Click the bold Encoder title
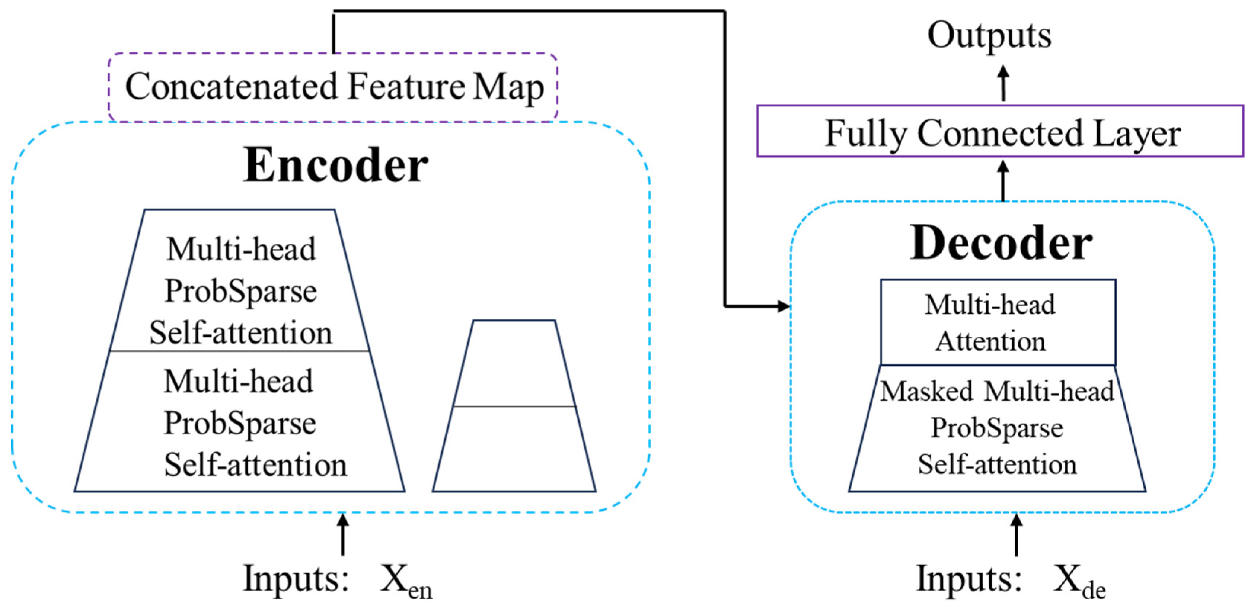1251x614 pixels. (335, 166)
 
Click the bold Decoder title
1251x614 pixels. (1001, 243)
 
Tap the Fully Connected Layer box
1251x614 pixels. (1001, 132)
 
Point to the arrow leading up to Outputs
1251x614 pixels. (1003, 83)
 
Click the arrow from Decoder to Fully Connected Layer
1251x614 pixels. (1003, 181)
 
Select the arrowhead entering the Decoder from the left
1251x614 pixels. (783, 306)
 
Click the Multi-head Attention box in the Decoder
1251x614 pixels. (998, 322)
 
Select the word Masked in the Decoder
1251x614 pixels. (926, 391)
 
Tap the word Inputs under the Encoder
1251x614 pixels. (295, 579)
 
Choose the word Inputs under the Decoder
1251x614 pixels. (969, 579)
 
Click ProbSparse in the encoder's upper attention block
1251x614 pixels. (240, 291)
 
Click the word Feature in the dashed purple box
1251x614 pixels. (406, 86)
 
